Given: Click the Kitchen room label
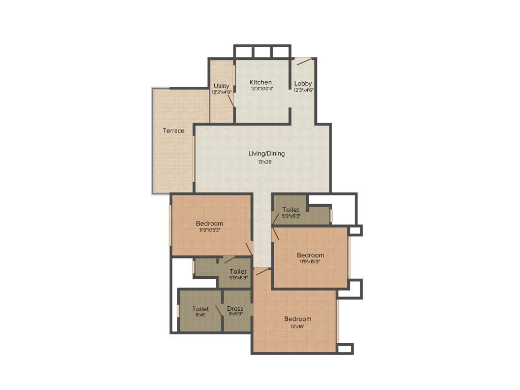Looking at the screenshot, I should [261, 82].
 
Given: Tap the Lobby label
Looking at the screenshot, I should [303, 84].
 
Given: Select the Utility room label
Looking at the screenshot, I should [221, 86].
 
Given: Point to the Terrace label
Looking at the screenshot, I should [174, 131].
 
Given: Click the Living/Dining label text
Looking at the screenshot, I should [267, 153].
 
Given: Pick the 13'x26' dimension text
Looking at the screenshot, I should [266, 162].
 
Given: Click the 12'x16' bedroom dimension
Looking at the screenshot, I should [298, 327].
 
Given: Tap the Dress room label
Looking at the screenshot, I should [235, 308].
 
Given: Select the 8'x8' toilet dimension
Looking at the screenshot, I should [200, 314].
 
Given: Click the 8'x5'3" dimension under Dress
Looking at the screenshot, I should [236, 314].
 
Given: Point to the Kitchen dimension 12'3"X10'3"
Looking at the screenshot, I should [262, 89].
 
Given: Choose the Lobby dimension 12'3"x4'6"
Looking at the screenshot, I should [304, 90].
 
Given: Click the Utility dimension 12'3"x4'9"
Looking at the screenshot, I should [221, 92].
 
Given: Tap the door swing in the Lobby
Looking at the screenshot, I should [304, 62].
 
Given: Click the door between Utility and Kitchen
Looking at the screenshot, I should [231, 99].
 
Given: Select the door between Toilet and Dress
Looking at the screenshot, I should [219, 311].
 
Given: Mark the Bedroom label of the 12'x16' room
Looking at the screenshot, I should [298, 319].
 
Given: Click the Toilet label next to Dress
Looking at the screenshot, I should [201, 308].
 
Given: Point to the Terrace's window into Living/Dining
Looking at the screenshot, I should [193, 157].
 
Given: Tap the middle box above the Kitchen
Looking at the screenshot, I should [263, 52].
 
